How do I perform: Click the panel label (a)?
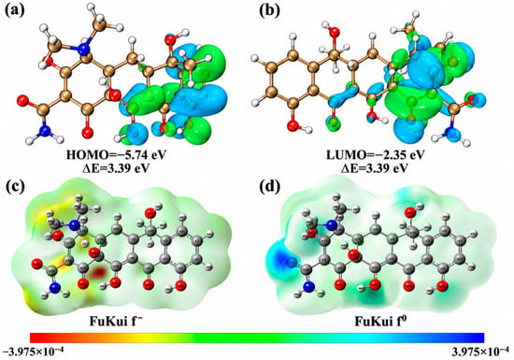click(x=15, y=10)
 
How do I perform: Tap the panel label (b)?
click(x=270, y=10)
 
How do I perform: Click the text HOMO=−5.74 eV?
click(x=116, y=155)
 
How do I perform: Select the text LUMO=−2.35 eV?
click(x=376, y=155)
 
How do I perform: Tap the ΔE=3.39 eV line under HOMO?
click(x=116, y=168)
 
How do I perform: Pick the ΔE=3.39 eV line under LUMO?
click(x=376, y=168)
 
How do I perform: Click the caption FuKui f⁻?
click(x=117, y=322)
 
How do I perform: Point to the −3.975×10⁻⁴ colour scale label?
click(x=33, y=353)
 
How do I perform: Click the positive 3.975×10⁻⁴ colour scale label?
click(x=480, y=353)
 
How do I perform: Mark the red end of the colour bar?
click(x=32, y=338)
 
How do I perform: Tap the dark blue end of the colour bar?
click(x=481, y=338)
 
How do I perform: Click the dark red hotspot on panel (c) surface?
click(x=99, y=272)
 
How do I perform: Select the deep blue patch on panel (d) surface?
click(x=280, y=260)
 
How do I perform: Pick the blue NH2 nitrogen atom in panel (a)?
click(x=46, y=131)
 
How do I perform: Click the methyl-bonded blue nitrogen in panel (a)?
click(x=85, y=50)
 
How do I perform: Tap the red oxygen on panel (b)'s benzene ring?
click(x=292, y=126)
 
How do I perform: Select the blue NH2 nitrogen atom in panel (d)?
click(x=308, y=288)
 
